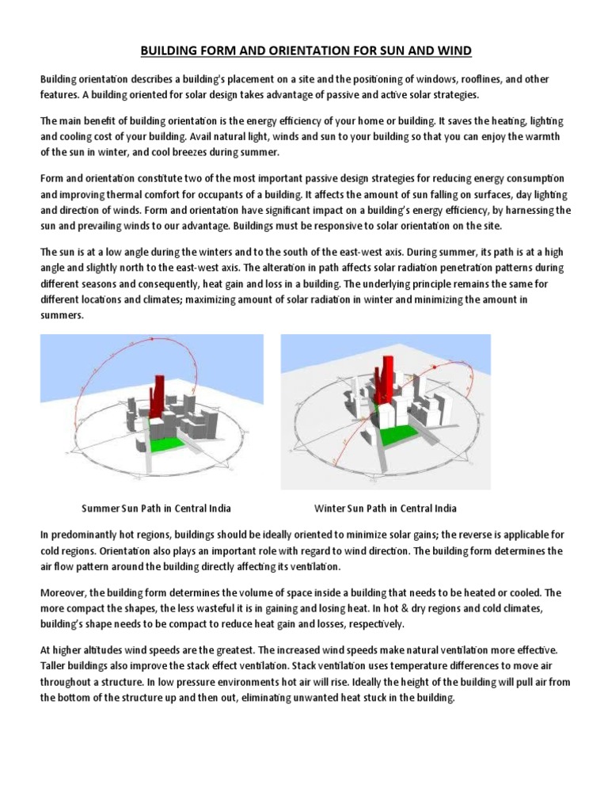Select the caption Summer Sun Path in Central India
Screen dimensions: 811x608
(x=157, y=508)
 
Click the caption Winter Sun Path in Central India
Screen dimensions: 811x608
(x=386, y=508)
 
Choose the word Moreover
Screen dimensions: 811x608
(x=64, y=592)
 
